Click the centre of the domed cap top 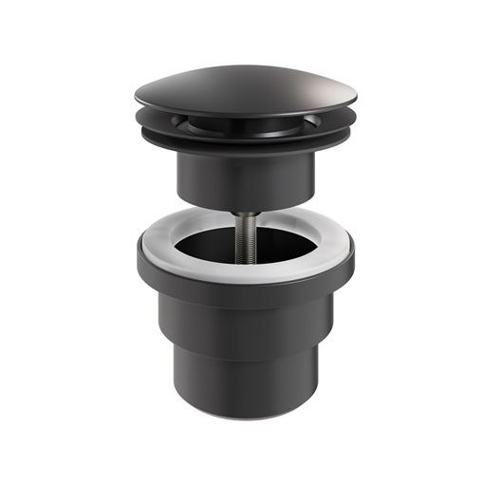(245, 87)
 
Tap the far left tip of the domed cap (136, 98)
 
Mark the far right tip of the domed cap (357, 98)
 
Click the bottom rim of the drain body (245, 415)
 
